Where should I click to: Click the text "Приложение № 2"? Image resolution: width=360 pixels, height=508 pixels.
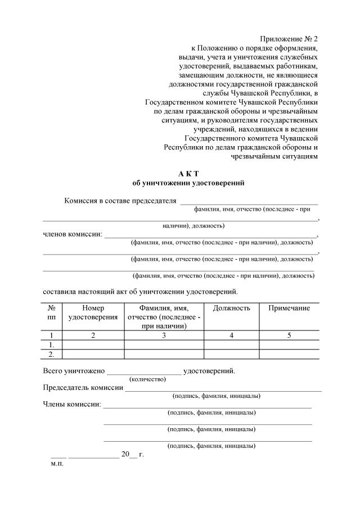(289, 39)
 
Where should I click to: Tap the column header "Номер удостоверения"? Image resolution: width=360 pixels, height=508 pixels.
(93, 312)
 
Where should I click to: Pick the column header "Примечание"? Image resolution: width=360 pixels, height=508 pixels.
(289, 308)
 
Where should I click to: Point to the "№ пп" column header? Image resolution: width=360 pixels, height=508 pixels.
(52, 312)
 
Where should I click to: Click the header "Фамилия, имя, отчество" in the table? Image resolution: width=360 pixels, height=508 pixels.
(164, 316)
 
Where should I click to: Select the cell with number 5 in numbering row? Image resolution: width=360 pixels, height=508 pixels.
(289, 335)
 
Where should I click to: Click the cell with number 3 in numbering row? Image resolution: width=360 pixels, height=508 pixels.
(164, 335)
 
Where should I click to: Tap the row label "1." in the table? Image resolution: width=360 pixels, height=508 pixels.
(52, 344)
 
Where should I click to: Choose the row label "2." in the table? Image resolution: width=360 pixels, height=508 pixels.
(52, 354)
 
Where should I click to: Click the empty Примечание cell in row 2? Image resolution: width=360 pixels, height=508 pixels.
(289, 354)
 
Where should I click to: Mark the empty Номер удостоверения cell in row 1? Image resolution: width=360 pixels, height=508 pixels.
(93, 344)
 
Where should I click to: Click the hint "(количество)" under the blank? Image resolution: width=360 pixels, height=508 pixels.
(147, 379)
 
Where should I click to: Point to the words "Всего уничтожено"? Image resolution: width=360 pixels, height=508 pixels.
(74, 371)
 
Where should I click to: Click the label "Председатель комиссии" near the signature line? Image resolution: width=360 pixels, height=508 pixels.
(83, 388)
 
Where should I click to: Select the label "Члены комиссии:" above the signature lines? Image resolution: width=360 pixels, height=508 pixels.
(72, 404)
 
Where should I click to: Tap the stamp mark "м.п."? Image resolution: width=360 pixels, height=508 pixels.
(57, 464)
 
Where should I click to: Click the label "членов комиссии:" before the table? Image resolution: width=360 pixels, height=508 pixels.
(73, 234)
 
